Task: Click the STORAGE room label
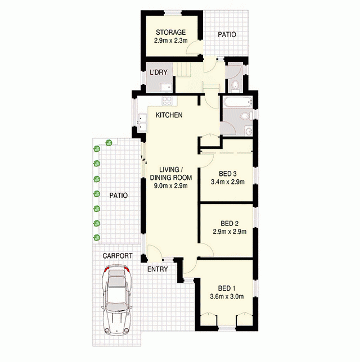171,32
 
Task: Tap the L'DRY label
159,73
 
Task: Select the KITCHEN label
169,115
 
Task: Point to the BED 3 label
228,173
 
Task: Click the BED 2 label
229,224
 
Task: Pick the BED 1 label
227,288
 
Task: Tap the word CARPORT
118,256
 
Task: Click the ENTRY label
157,269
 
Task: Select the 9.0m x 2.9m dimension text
171,185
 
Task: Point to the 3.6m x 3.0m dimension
227,296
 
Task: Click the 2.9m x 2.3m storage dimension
171,40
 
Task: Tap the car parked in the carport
116,300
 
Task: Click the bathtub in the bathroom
237,102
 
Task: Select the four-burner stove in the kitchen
167,101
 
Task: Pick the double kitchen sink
142,123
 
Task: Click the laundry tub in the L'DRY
166,87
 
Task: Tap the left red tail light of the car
106,269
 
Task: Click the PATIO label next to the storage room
227,35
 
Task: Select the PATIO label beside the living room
119,196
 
